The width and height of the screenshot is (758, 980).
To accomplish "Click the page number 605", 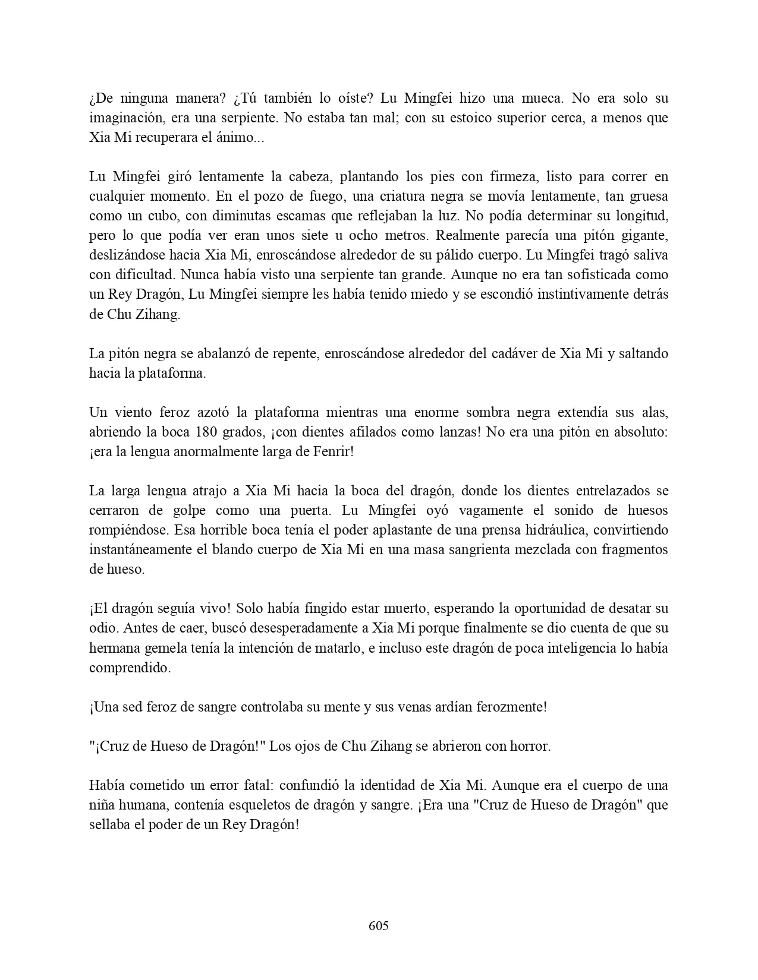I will [x=378, y=925].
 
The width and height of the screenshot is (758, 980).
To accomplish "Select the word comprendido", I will [x=129, y=667].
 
